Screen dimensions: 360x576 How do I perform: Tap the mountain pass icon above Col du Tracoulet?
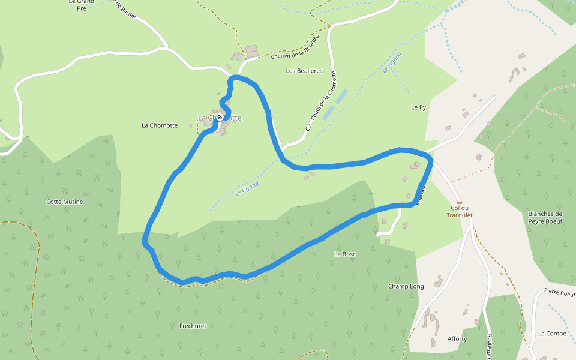pos(460,202)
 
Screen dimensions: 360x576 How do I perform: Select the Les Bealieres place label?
pos(304,71)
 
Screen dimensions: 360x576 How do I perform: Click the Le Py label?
pos(418,107)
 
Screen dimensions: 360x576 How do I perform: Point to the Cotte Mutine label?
pos(65,202)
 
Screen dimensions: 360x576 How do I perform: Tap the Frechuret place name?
pos(193,326)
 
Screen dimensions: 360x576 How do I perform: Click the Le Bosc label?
pos(345,254)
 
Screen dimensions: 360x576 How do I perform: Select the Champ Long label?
pos(406,286)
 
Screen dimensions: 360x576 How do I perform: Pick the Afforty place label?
pos(457,339)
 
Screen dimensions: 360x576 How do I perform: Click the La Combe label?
pos(552,333)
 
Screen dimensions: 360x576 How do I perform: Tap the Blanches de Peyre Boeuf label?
pos(545,218)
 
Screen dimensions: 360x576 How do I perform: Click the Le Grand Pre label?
pos(82,5)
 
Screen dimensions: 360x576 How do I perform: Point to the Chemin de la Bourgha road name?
pos(296,47)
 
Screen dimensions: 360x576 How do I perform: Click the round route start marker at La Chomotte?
pos(220,118)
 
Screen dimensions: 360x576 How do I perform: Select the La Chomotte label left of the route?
pos(160,125)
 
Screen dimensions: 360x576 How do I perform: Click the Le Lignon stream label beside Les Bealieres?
pos(392,62)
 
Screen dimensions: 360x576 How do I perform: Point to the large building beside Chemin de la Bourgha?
pos(252,51)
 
